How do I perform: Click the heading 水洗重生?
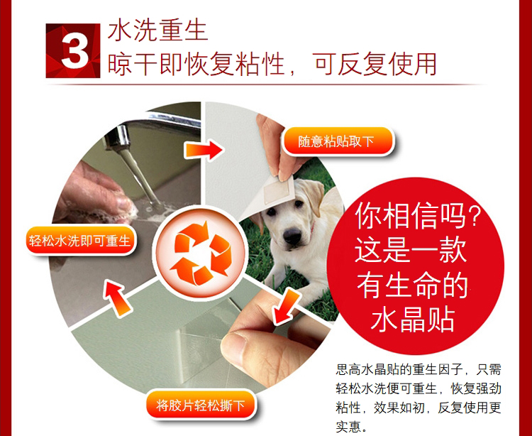(157, 31)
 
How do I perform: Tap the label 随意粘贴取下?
(336, 141)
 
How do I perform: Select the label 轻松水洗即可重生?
(79, 241)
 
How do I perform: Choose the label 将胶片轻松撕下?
(200, 405)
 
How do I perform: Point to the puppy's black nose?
(292, 235)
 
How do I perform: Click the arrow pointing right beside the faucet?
(204, 150)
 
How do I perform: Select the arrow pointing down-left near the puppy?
(286, 306)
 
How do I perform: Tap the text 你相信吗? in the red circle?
(418, 216)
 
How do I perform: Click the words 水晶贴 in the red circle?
(413, 319)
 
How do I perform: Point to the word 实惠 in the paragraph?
(348, 427)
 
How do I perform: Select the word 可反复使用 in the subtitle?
(375, 64)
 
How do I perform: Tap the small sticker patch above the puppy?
(278, 190)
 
